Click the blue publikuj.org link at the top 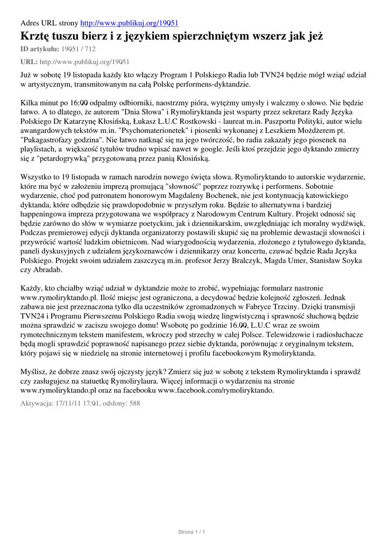click(129, 23)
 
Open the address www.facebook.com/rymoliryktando click(216, 391)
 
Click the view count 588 click(134, 403)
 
